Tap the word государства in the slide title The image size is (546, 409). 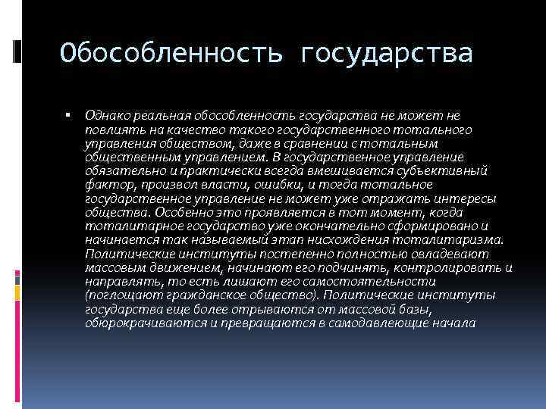pyautogui.click(x=387, y=54)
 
